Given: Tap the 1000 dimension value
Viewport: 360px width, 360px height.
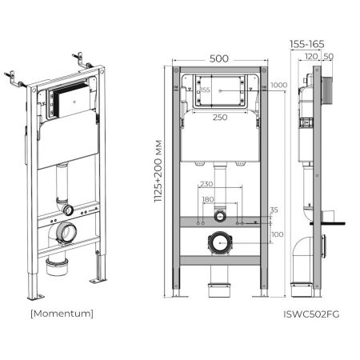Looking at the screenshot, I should pyautogui.click(x=278, y=86).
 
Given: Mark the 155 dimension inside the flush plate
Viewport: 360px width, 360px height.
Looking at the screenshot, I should pyautogui.click(x=206, y=91).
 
